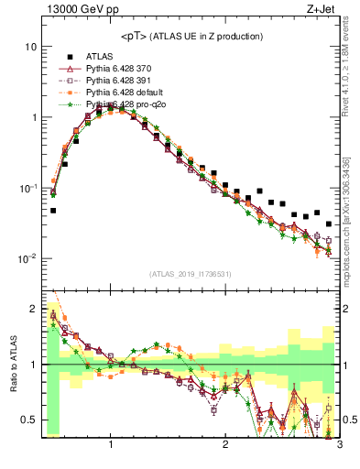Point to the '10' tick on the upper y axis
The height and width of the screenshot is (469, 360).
pos(30,46)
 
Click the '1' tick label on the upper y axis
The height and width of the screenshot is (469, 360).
pos(33,117)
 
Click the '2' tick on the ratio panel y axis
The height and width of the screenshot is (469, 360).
pos(33,308)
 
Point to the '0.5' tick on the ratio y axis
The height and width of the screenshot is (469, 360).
pos(28,420)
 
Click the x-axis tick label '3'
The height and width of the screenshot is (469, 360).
pos(339,446)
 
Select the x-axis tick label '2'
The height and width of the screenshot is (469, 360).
pos(225,446)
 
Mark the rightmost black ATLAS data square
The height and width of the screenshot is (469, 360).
pos(328,224)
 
